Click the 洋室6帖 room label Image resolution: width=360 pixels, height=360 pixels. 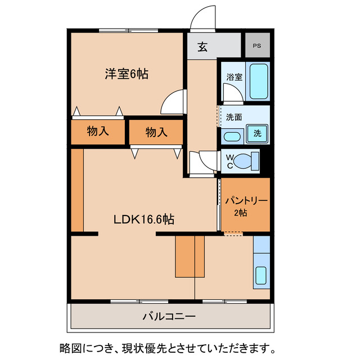coord(127,74)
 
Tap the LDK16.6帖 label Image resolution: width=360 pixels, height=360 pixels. coord(143,220)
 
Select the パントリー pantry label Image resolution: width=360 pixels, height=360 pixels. coord(245,201)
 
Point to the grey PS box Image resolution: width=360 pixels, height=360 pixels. coord(257,45)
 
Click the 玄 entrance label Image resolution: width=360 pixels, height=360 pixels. coord(202,47)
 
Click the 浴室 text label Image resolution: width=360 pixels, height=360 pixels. coord(235,77)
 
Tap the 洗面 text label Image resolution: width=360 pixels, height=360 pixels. coord(234,118)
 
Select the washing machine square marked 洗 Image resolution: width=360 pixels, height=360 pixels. coord(257,134)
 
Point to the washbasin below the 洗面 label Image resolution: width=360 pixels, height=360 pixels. coord(231,136)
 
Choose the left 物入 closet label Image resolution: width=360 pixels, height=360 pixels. coord(98,132)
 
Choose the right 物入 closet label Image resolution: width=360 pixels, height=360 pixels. coord(156,133)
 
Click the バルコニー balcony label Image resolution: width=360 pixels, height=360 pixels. coord(169,317)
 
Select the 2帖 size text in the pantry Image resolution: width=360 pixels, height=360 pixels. coord(240,213)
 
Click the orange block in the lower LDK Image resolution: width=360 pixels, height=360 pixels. coord(189,256)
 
